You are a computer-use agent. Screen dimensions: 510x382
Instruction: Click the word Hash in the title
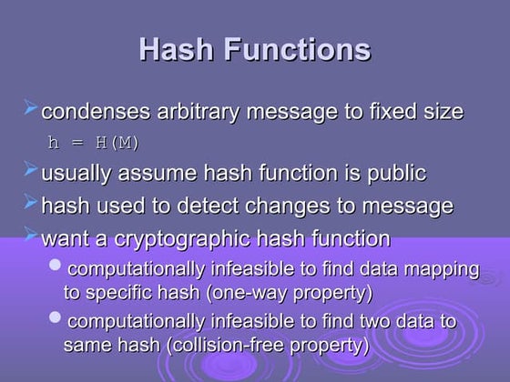176,49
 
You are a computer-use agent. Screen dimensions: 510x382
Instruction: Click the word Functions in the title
297,49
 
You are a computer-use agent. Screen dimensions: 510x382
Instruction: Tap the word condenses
96,112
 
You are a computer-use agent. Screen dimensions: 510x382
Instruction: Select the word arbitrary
199,113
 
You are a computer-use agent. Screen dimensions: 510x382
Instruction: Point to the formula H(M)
117,143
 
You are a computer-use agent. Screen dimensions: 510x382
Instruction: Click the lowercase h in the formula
54,142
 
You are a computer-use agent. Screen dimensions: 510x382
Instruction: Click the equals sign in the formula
77,143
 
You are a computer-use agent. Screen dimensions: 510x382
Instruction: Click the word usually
76,174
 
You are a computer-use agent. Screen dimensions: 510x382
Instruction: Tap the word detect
208,206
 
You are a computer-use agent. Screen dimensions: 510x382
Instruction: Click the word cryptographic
182,240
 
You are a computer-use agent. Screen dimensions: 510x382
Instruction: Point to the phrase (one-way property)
290,293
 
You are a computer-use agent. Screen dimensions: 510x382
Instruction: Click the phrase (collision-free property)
268,345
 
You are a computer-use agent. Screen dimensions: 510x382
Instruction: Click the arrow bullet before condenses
30,107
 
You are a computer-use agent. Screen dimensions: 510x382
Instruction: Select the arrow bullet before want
30,234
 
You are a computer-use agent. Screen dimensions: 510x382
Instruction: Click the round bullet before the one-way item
55,265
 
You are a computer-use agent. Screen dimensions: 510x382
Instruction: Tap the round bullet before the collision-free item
55,317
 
